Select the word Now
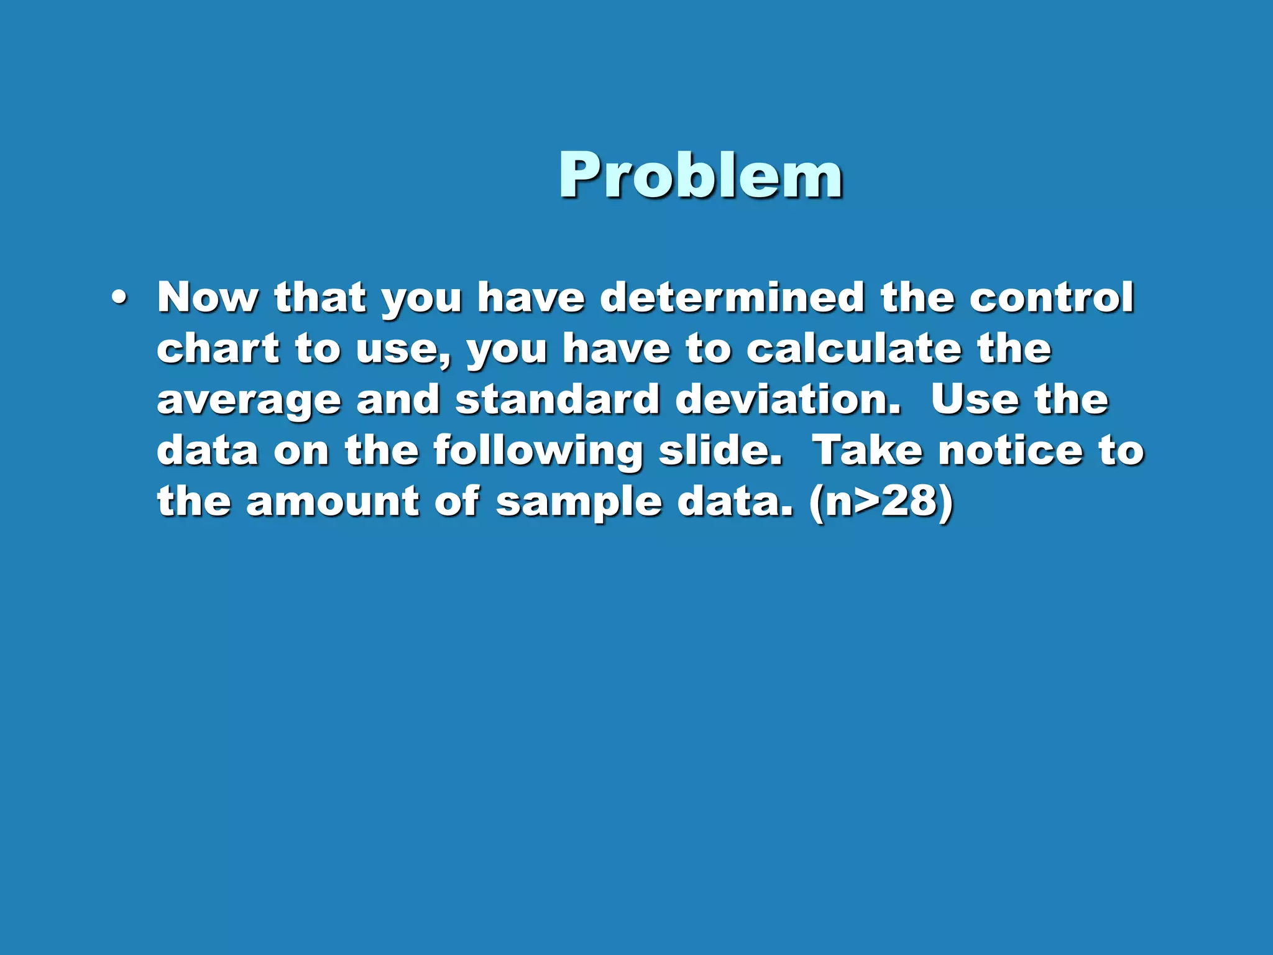click(208, 297)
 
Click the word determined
click(732, 297)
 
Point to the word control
click(1052, 297)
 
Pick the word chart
click(218, 348)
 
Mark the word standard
click(558, 399)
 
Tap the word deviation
click(788, 399)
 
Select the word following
click(538, 451)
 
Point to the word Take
click(868, 450)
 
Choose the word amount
click(333, 501)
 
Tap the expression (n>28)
click(881, 502)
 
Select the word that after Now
click(320, 297)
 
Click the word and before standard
click(398, 399)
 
